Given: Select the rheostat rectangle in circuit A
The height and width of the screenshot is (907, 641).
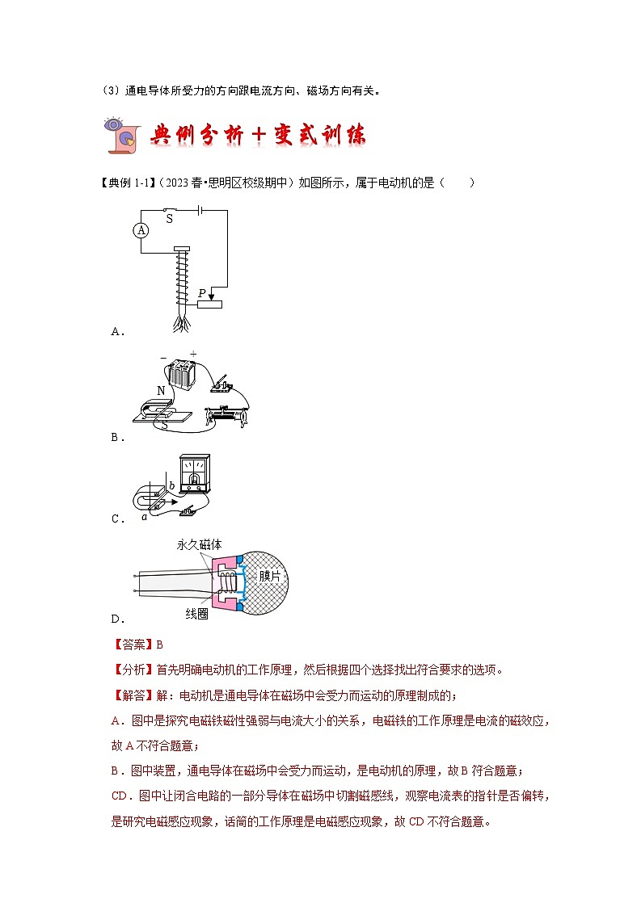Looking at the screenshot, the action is pos(209,303).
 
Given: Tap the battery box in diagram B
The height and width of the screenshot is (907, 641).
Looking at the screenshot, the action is pos(183,376).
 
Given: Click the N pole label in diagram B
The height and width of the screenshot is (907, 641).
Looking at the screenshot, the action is pos(161,391).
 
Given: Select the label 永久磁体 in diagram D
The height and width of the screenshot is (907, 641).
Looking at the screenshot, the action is pos(199,544).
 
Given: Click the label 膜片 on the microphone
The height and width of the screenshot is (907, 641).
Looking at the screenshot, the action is pos(270,576).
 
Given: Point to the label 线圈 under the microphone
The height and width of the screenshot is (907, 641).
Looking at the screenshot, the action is pos(197,613).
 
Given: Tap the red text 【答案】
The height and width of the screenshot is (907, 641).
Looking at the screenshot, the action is pos(130,645).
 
